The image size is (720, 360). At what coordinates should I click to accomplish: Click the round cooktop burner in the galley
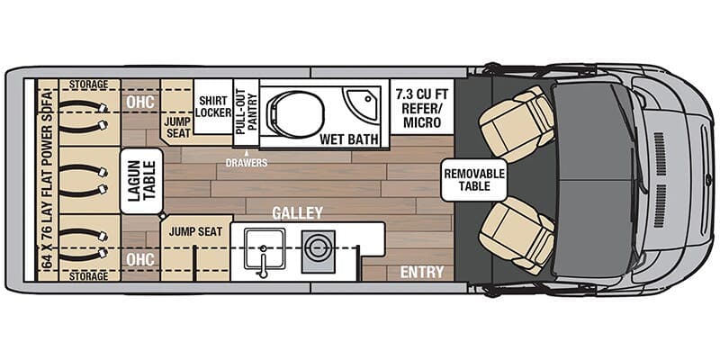point(318,246)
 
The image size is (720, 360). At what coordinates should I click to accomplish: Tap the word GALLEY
point(298,213)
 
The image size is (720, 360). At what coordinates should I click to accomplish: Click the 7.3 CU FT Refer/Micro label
point(422,104)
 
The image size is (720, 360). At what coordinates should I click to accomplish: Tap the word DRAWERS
point(244,162)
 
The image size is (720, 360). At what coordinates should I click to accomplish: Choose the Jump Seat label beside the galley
point(192,231)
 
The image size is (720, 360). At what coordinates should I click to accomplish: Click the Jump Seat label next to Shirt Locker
point(177,126)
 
